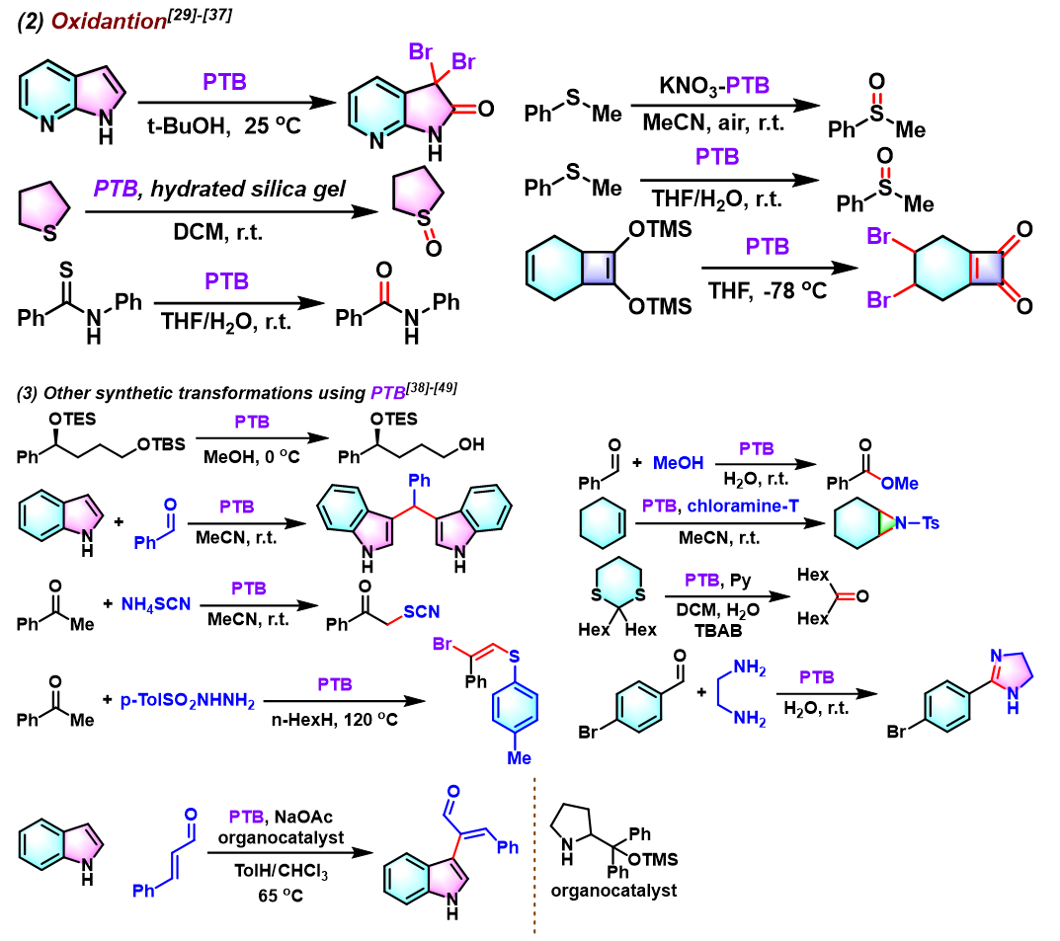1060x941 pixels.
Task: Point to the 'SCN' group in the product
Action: tap(425, 612)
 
